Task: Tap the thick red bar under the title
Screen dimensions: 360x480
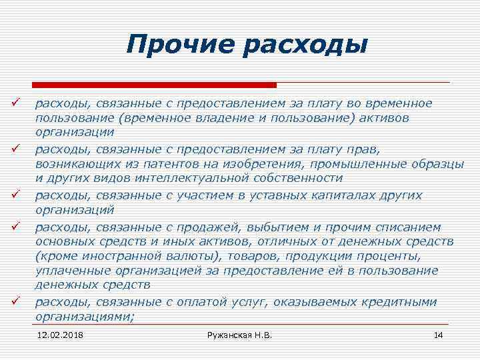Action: (x=154, y=85)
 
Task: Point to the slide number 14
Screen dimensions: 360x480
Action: (x=438, y=334)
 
